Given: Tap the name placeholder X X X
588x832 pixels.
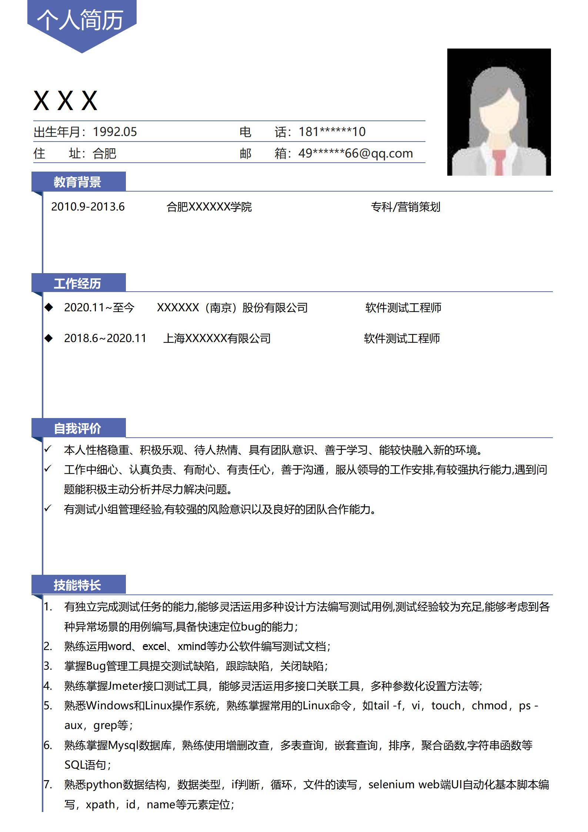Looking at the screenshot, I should tap(65, 100).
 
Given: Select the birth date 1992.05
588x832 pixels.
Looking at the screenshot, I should tap(114, 132).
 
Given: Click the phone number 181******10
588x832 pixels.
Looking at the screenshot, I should tap(332, 132).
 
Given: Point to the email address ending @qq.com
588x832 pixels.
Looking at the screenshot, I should tap(355, 153).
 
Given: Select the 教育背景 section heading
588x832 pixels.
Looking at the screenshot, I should tap(77, 182).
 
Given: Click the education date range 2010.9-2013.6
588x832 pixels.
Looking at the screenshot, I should tap(88, 207).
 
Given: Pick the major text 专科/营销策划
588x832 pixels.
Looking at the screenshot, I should tap(405, 207).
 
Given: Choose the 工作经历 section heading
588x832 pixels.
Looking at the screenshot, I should tap(77, 284).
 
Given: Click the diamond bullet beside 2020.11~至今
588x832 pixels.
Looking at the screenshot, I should tap(49, 307).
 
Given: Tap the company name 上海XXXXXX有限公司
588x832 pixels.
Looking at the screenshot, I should tap(217, 338).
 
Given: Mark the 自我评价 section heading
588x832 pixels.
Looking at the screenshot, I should tap(77, 428).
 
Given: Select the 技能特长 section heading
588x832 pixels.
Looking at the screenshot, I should tap(77, 585).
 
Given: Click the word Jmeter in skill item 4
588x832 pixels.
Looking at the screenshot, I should tap(125, 686).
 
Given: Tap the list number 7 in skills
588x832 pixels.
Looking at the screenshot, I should tap(47, 785).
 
